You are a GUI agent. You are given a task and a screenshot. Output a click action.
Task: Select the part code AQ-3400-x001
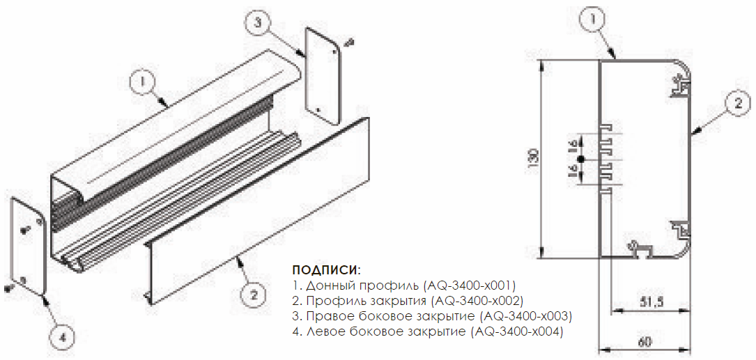click(470, 284)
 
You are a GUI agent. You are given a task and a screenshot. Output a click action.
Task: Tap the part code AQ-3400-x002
click(479, 301)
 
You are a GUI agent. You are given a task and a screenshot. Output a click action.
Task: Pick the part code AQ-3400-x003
click(526, 317)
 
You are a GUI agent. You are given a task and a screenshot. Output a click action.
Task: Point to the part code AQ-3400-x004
click(517, 333)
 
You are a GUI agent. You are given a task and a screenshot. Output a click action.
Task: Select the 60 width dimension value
click(645, 342)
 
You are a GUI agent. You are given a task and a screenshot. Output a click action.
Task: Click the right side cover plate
click(323, 74)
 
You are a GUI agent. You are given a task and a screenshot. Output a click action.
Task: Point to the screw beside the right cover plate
click(350, 43)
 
